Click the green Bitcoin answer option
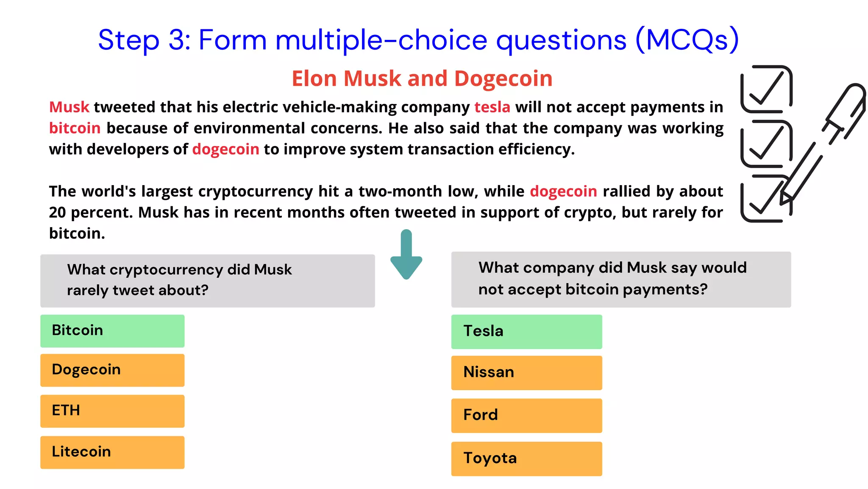pyautogui.click(x=112, y=331)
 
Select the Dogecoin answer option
pyautogui.click(x=112, y=370)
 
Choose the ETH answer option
pyautogui.click(x=112, y=411)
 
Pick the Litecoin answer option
pyautogui.click(x=112, y=452)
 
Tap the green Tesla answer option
pyautogui.click(x=526, y=332)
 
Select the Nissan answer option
pyautogui.click(x=526, y=372)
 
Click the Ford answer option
pyautogui.click(x=526, y=415)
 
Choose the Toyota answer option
pyautogui.click(x=526, y=458)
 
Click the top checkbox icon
pyautogui.click(x=766, y=89)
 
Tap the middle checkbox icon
pyautogui.click(x=766, y=143)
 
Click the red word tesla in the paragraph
pyautogui.click(x=492, y=107)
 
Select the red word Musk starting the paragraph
pyautogui.click(x=69, y=107)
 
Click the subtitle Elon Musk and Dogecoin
pyautogui.click(x=422, y=79)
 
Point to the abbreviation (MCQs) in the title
pyautogui.click(x=687, y=40)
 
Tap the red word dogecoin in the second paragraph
pyautogui.click(x=563, y=191)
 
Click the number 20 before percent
pyautogui.click(x=57, y=212)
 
